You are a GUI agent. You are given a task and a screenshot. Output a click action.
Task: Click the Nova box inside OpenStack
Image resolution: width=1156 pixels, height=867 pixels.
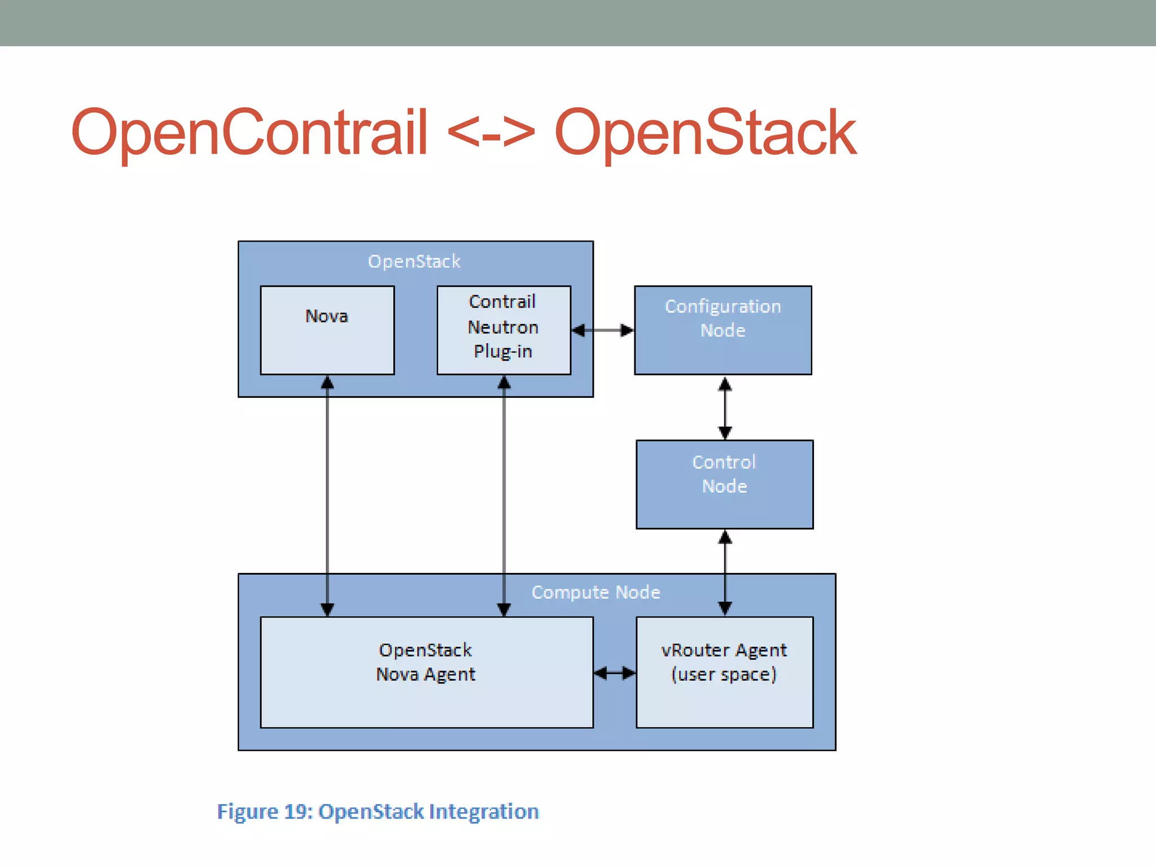(327, 330)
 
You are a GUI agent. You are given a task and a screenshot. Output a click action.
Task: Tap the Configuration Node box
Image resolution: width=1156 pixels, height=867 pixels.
(722, 330)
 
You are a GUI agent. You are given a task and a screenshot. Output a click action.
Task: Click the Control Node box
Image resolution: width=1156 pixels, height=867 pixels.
(724, 484)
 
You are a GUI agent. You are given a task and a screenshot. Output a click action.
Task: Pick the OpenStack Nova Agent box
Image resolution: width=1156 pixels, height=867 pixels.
(426, 672)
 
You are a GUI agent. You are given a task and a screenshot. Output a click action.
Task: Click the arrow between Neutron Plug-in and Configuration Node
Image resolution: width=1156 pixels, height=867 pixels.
(602, 330)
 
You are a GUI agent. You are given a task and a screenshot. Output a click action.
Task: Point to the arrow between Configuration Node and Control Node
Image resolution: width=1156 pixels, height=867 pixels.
(725, 408)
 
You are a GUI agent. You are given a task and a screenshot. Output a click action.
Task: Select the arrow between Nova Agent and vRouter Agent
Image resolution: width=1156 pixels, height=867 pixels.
(615, 673)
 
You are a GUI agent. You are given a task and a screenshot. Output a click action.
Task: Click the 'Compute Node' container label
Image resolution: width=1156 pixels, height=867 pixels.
(595, 592)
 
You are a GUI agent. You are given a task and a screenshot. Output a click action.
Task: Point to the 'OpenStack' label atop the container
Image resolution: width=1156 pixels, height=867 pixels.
(414, 261)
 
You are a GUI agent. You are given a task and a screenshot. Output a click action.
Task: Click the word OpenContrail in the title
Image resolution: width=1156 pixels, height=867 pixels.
(249, 132)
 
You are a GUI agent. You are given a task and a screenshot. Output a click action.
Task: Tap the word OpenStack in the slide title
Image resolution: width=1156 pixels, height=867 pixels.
(705, 132)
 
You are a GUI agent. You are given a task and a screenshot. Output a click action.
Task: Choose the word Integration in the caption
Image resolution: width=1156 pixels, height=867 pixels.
(484, 812)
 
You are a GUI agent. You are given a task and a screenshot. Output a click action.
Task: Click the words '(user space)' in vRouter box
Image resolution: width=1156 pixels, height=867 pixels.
(724, 675)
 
